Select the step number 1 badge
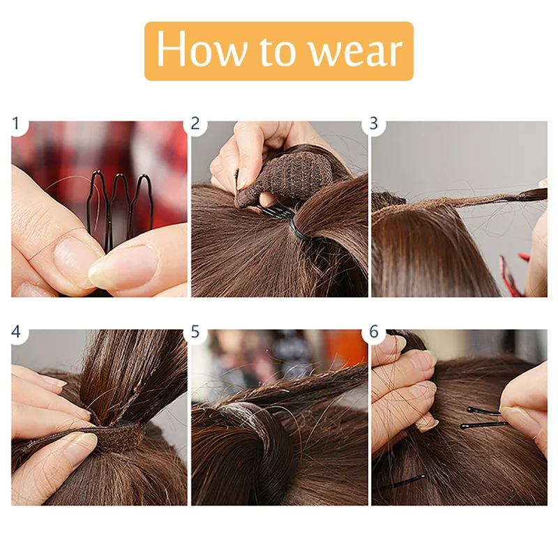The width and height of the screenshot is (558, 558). coord(15,124)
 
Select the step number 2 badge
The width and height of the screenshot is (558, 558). coord(195,124)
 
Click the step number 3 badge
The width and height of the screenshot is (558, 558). coord(374,124)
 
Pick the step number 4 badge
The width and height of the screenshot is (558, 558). coord(15,332)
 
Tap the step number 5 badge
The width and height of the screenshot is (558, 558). coord(195,332)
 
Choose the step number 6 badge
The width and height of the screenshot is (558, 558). coord(374,332)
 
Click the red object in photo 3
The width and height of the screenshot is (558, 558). coord(511,276)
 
